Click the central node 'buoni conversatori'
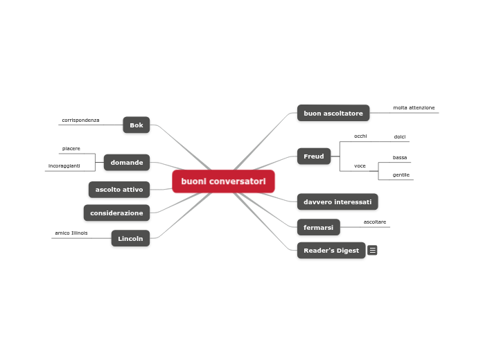click(223, 181)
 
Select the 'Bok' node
click(137, 125)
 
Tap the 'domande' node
click(127, 163)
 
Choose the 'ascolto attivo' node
click(119, 189)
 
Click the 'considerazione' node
click(116, 213)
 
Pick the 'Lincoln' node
click(130, 238)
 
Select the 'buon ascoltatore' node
click(333, 113)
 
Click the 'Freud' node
click(314, 156)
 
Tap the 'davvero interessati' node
click(337, 202)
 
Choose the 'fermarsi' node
click(319, 227)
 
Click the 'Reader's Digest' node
click(331, 251)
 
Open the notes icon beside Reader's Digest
click(373, 251)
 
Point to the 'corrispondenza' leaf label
click(80, 120)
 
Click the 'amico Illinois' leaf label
click(71, 233)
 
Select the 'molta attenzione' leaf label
click(414, 108)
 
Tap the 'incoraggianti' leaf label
click(64, 166)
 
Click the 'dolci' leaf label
click(400, 137)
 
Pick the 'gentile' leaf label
click(401, 175)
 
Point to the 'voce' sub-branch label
click(360, 166)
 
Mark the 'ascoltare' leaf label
click(375, 222)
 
